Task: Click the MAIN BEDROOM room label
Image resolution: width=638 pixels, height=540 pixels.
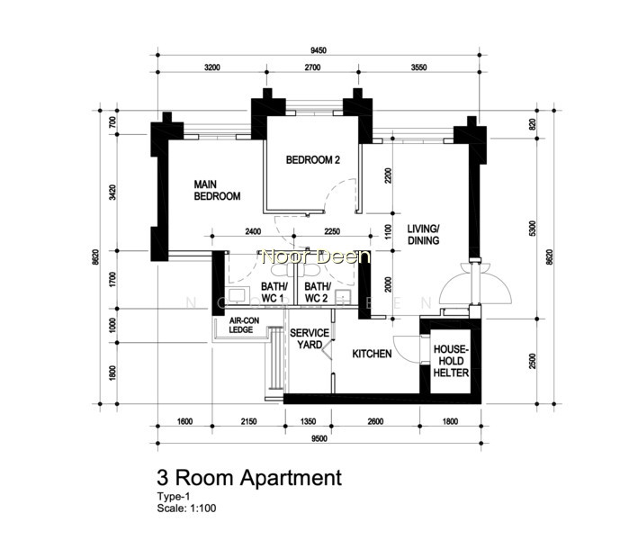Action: point(217,191)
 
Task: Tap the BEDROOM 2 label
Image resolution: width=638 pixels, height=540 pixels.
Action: point(313,160)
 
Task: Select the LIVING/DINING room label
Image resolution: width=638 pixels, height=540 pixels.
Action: point(423,234)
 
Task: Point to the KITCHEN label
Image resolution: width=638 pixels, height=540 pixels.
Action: point(372,354)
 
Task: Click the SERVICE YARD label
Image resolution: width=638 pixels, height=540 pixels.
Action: point(310,339)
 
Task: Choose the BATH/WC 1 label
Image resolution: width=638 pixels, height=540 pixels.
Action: point(274,292)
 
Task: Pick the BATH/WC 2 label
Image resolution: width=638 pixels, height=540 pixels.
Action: point(318,292)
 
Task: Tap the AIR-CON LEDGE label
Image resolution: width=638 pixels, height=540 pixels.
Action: point(244,325)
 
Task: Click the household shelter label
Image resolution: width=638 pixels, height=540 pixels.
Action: point(451,361)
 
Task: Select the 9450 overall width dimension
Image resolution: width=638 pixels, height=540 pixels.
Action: point(319,50)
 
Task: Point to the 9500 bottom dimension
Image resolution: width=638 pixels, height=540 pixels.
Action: point(319,438)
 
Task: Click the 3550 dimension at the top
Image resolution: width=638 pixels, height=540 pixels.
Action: point(418,67)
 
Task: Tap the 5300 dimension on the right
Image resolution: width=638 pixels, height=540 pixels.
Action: point(533,229)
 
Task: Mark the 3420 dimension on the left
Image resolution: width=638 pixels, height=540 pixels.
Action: point(112,192)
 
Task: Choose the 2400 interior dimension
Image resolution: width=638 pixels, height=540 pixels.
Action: point(253,231)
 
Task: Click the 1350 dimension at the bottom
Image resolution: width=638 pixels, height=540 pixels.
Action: point(308,421)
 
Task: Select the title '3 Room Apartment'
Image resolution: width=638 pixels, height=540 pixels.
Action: point(249,477)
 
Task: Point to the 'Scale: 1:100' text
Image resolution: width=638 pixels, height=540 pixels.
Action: point(187,508)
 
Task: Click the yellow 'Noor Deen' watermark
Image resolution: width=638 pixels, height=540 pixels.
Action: point(317,256)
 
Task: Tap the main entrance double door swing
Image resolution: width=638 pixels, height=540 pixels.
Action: point(475,283)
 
